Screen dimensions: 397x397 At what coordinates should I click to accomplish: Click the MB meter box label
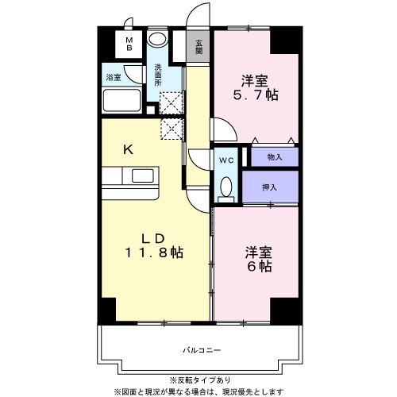[127, 44]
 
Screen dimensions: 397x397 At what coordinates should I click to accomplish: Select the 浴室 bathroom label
[114, 77]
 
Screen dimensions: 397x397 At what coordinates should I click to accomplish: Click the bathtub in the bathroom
[121, 102]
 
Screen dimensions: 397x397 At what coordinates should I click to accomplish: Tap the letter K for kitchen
[128, 148]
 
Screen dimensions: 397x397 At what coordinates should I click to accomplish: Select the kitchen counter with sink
[131, 176]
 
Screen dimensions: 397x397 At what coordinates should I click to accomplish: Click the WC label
[225, 158]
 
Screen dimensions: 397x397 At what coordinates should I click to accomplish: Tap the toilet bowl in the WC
[226, 187]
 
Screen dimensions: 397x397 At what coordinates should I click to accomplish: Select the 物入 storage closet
[274, 157]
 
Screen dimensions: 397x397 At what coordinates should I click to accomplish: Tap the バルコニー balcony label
[199, 349]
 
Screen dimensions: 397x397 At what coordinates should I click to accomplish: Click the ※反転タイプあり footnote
[199, 380]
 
